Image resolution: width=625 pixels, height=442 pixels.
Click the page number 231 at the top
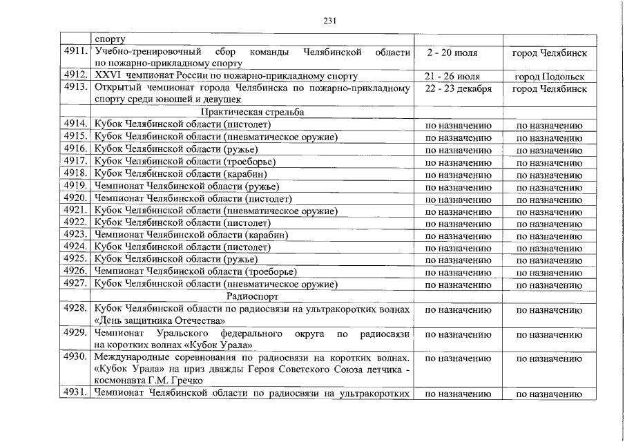click(329, 20)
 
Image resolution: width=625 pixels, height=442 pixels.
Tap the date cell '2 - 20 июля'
click(457, 52)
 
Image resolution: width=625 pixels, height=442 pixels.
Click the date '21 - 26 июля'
click(457, 76)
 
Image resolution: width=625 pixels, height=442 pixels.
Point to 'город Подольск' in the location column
click(549, 77)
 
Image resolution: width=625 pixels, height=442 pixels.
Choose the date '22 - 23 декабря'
click(458, 88)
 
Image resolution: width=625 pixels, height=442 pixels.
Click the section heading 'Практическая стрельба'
click(253, 112)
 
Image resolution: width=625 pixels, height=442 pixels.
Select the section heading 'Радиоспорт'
click(253, 296)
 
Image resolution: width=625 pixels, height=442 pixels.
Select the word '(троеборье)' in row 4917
click(250, 162)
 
